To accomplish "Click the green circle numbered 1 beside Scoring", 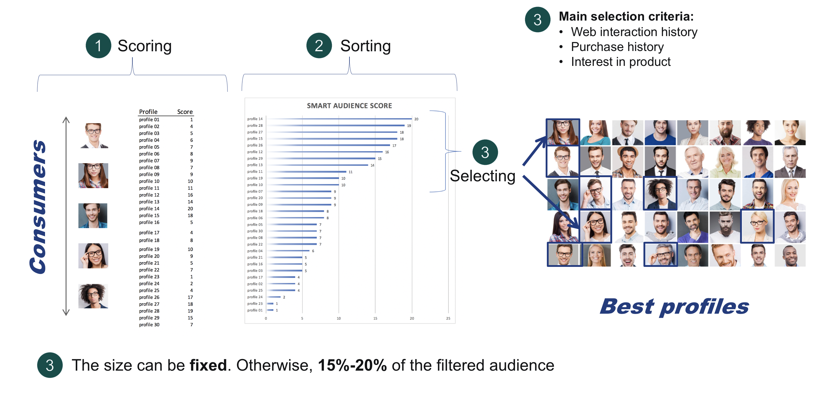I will click(98, 45).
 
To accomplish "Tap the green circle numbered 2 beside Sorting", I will click(319, 45).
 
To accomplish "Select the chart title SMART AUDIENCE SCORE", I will click(349, 106).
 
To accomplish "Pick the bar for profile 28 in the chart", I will click(335, 126).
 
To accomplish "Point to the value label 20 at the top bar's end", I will click(416, 119).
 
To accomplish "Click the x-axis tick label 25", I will click(448, 318).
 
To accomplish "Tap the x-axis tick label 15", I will click(375, 318).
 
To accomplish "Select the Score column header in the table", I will click(185, 112).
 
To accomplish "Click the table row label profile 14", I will click(149, 209).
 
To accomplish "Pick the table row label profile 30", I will click(149, 324).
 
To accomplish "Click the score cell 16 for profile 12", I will click(190, 195).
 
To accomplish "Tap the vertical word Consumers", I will click(38, 206).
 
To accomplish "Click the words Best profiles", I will click(674, 307).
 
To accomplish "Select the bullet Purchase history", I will click(617, 47).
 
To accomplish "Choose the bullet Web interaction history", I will click(634, 32).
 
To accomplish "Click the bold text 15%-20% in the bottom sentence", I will click(352, 365).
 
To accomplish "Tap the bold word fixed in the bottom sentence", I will click(208, 365).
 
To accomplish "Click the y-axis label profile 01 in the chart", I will click(255, 310).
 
